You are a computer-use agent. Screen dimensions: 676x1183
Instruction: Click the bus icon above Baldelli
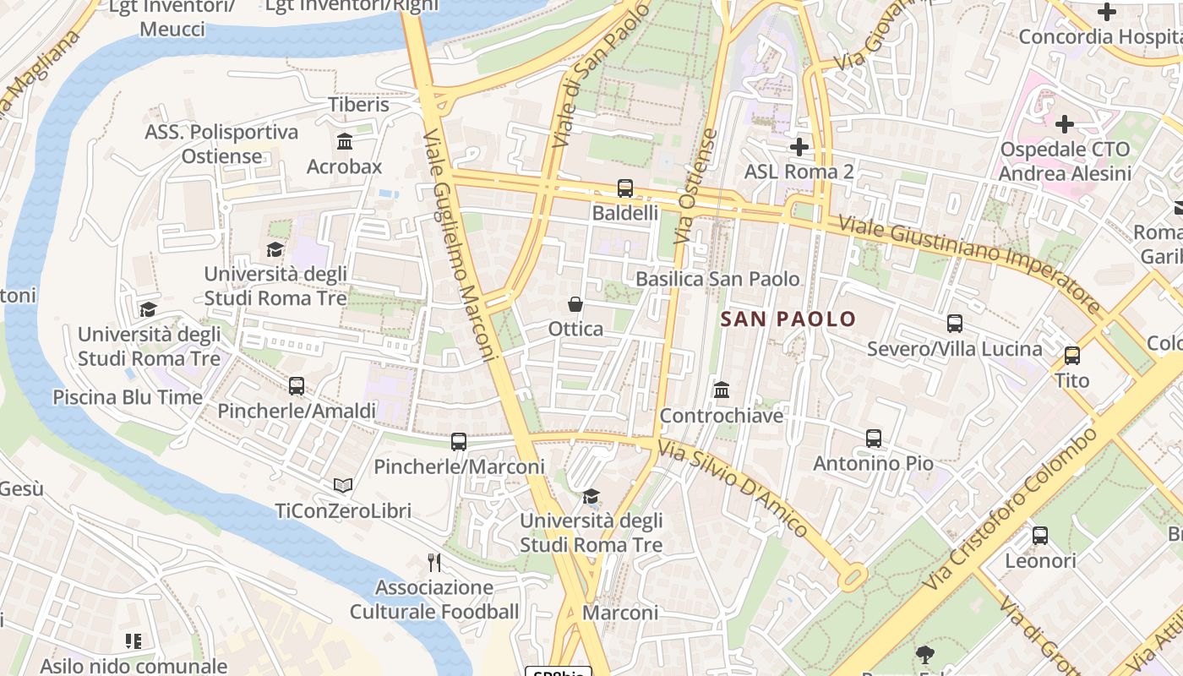624,188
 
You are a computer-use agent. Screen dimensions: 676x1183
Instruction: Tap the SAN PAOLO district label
788,319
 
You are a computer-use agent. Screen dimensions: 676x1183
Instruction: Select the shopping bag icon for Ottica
575,304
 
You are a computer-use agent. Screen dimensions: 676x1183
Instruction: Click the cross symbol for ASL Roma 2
799,147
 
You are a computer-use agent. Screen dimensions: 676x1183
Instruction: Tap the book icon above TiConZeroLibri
342,485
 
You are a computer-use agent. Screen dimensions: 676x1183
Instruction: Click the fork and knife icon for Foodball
434,563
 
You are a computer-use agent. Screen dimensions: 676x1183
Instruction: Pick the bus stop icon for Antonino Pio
874,439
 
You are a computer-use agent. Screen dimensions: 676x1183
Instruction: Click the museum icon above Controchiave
722,390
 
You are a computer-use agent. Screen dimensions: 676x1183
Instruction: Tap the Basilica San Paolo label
717,279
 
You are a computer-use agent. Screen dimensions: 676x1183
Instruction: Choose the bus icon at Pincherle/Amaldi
297,386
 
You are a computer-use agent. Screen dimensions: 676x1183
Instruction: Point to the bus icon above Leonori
1040,536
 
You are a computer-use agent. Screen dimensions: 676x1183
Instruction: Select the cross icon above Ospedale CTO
1065,124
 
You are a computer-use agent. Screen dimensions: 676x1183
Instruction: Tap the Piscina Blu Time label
128,397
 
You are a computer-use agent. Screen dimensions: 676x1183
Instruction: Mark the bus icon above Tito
1072,356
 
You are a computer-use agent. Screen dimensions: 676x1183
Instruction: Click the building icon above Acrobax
344,141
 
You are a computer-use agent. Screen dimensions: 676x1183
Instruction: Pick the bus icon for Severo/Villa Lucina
955,324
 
